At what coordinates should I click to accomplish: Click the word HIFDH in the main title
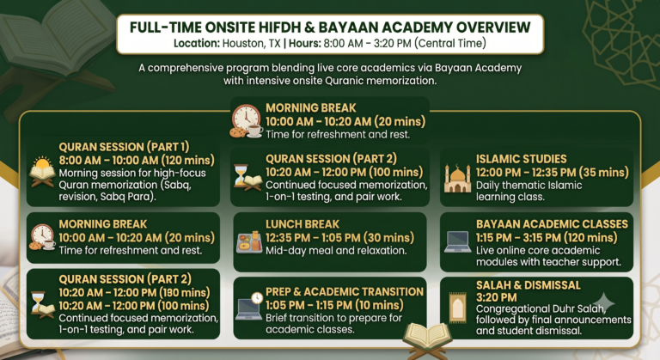click(279, 27)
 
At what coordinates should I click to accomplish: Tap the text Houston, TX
click(251, 43)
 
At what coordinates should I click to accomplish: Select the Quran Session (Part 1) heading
click(124, 147)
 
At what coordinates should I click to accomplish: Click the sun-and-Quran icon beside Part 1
click(42, 172)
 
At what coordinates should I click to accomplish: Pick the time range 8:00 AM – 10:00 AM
click(108, 161)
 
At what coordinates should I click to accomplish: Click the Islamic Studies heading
click(521, 159)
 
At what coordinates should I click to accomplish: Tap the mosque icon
click(457, 178)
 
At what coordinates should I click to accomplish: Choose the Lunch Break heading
click(302, 224)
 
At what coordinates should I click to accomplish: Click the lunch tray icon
click(249, 242)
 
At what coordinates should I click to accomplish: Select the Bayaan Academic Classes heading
click(552, 224)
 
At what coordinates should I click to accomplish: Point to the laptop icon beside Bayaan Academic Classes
click(457, 242)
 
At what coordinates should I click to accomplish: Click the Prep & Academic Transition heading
click(345, 292)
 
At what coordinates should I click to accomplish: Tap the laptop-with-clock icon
click(249, 306)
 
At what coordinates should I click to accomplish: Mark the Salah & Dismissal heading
click(529, 285)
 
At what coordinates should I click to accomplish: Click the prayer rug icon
click(457, 308)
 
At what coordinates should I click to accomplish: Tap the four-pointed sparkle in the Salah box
click(603, 302)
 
